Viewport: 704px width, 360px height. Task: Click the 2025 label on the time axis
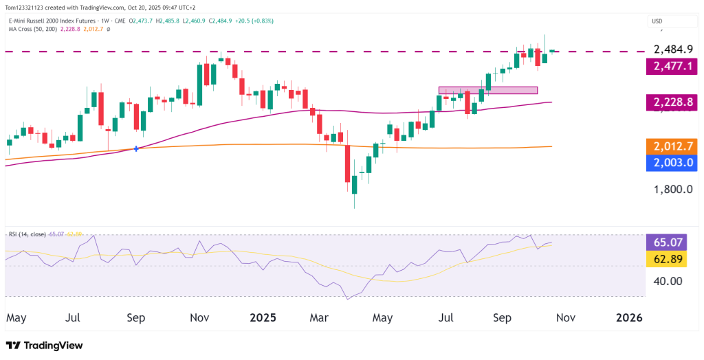pyautogui.click(x=263, y=318)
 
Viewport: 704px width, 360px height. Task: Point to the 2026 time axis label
pyautogui.click(x=629, y=318)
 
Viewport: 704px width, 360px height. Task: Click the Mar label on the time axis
pyautogui.click(x=318, y=318)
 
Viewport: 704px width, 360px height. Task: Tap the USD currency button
pyautogui.click(x=657, y=21)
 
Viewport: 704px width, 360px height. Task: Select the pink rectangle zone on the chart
pyautogui.click(x=487, y=90)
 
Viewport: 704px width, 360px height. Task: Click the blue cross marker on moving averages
pyautogui.click(x=136, y=148)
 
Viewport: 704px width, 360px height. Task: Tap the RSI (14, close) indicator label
pyautogui.click(x=26, y=234)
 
